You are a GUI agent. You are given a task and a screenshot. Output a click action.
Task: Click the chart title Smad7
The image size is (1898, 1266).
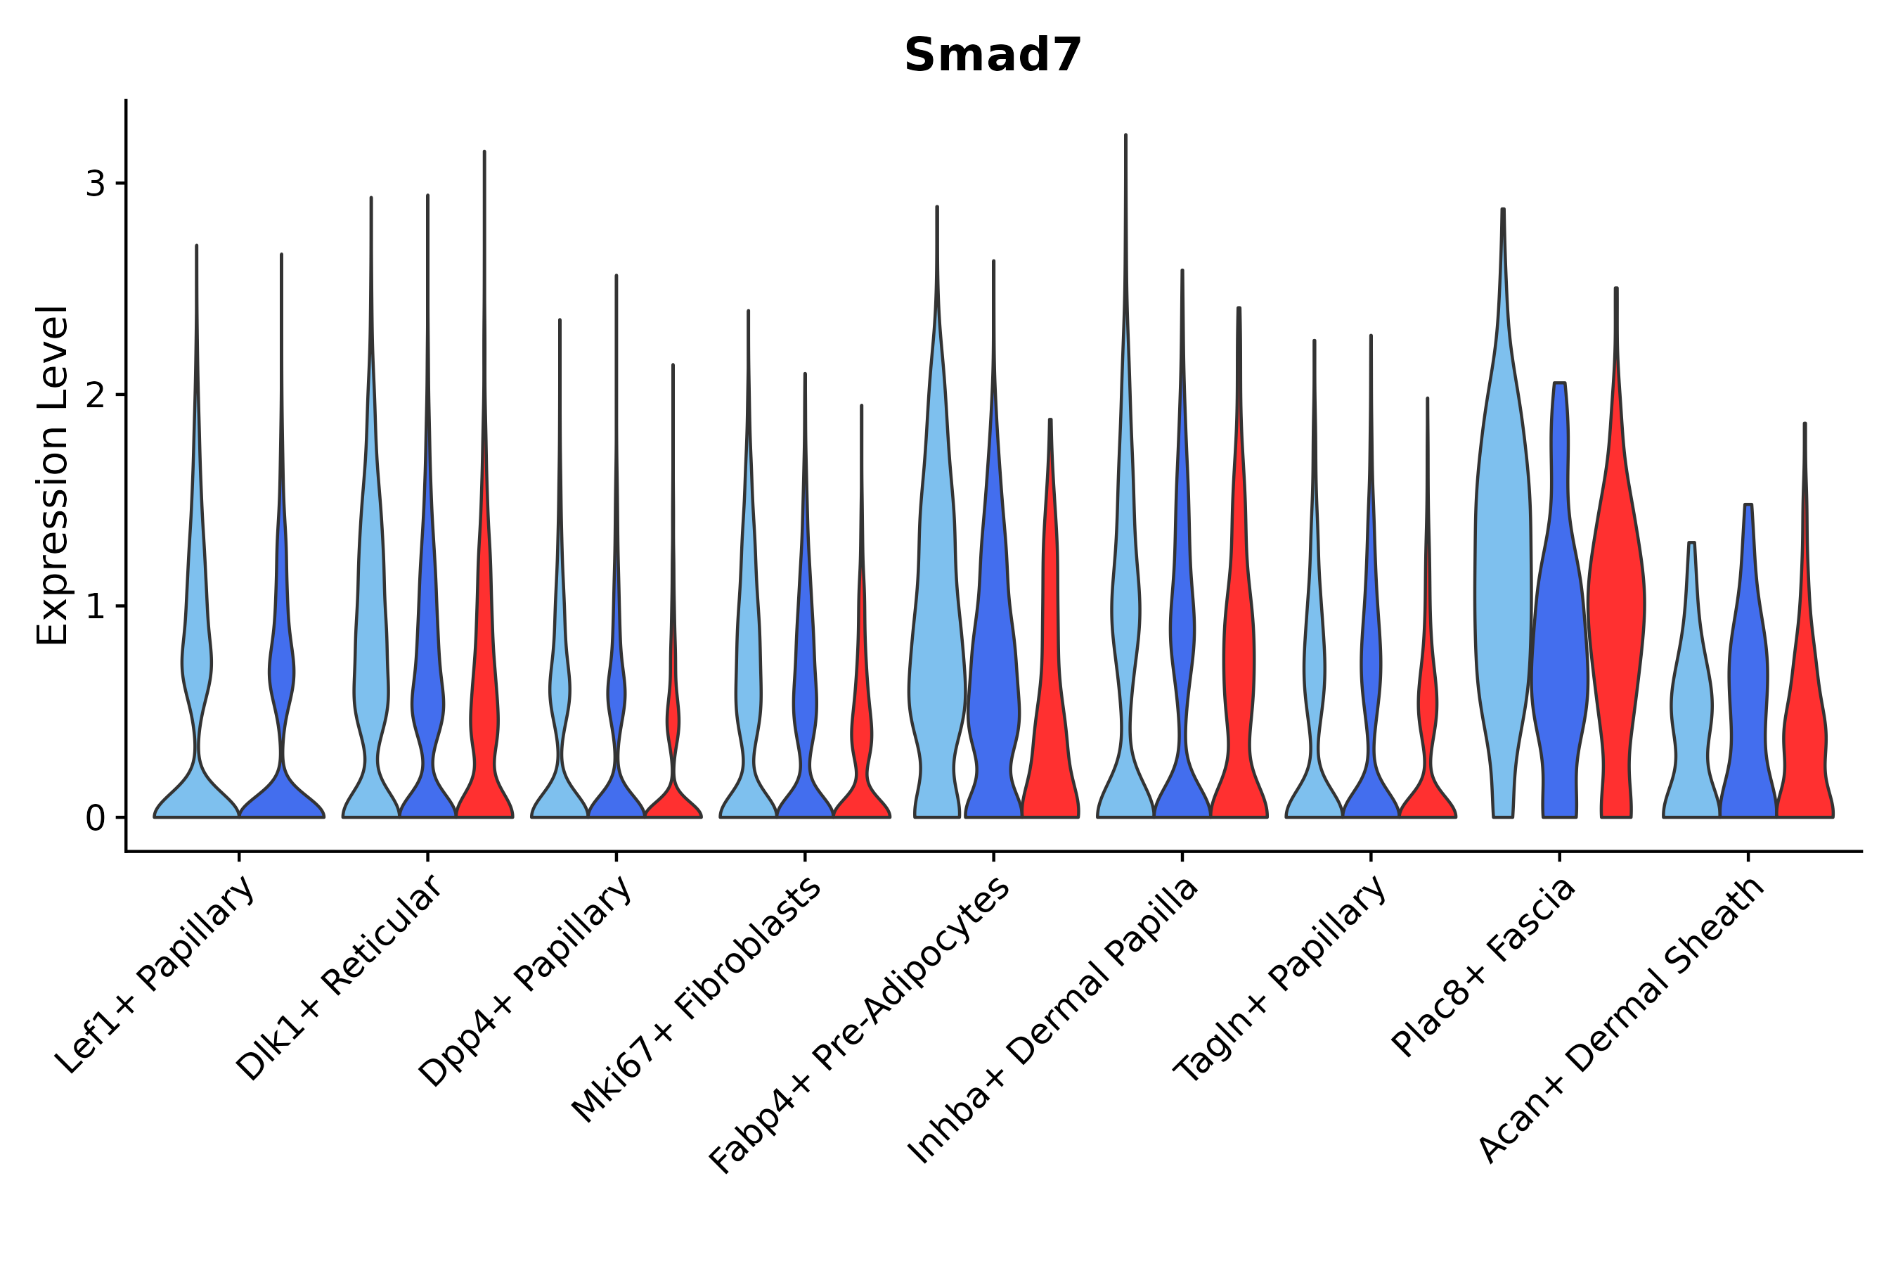[992, 56]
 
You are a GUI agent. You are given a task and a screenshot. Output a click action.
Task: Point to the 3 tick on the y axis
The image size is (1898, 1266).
[95, 184]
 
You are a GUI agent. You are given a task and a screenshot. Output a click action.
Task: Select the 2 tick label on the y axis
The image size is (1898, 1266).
[95, 395]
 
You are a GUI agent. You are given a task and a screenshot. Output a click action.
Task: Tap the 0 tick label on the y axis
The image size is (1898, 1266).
[95, 818]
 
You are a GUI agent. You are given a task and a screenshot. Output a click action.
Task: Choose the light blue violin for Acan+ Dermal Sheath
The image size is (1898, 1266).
[1691, 710]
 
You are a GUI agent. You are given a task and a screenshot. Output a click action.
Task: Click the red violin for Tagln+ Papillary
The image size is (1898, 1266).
[1427, 710]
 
